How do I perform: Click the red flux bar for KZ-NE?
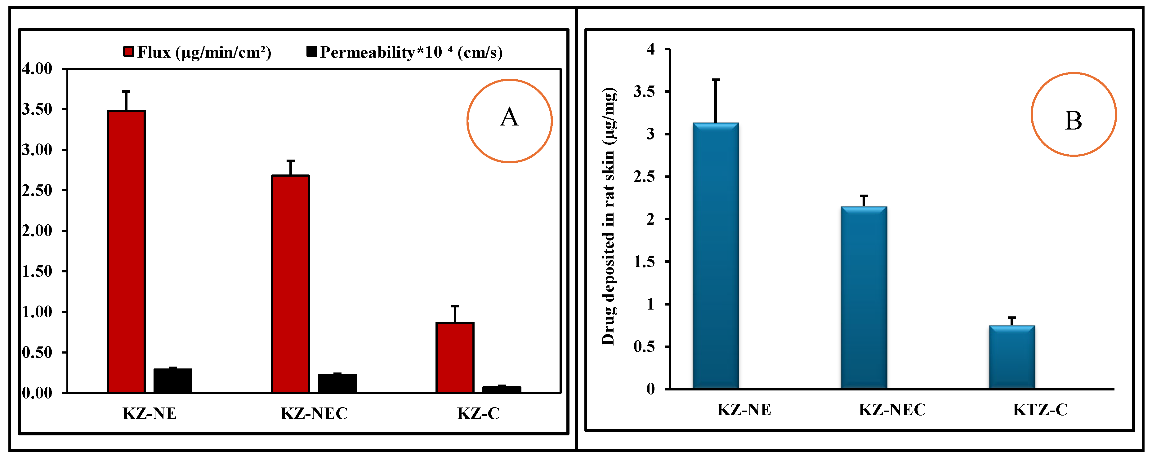point(126,252)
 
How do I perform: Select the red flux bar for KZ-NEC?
point(291,284)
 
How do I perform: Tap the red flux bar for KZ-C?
point(455,358)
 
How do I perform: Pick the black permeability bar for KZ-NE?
point(173,381)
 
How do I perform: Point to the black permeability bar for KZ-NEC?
point(337,383)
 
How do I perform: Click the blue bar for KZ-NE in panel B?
point(716,256)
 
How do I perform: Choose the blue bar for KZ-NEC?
point(864,297)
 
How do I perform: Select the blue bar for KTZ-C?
point(1012,357)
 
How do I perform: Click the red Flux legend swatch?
point(128,51)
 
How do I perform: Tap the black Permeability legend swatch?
point(312,51)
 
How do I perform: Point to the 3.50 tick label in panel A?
point(37,109)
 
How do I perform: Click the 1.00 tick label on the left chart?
point(37,312)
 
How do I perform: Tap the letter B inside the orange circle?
point(1073,121)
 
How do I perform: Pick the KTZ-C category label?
point(1040,410)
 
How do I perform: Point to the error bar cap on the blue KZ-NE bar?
point(716,80)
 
